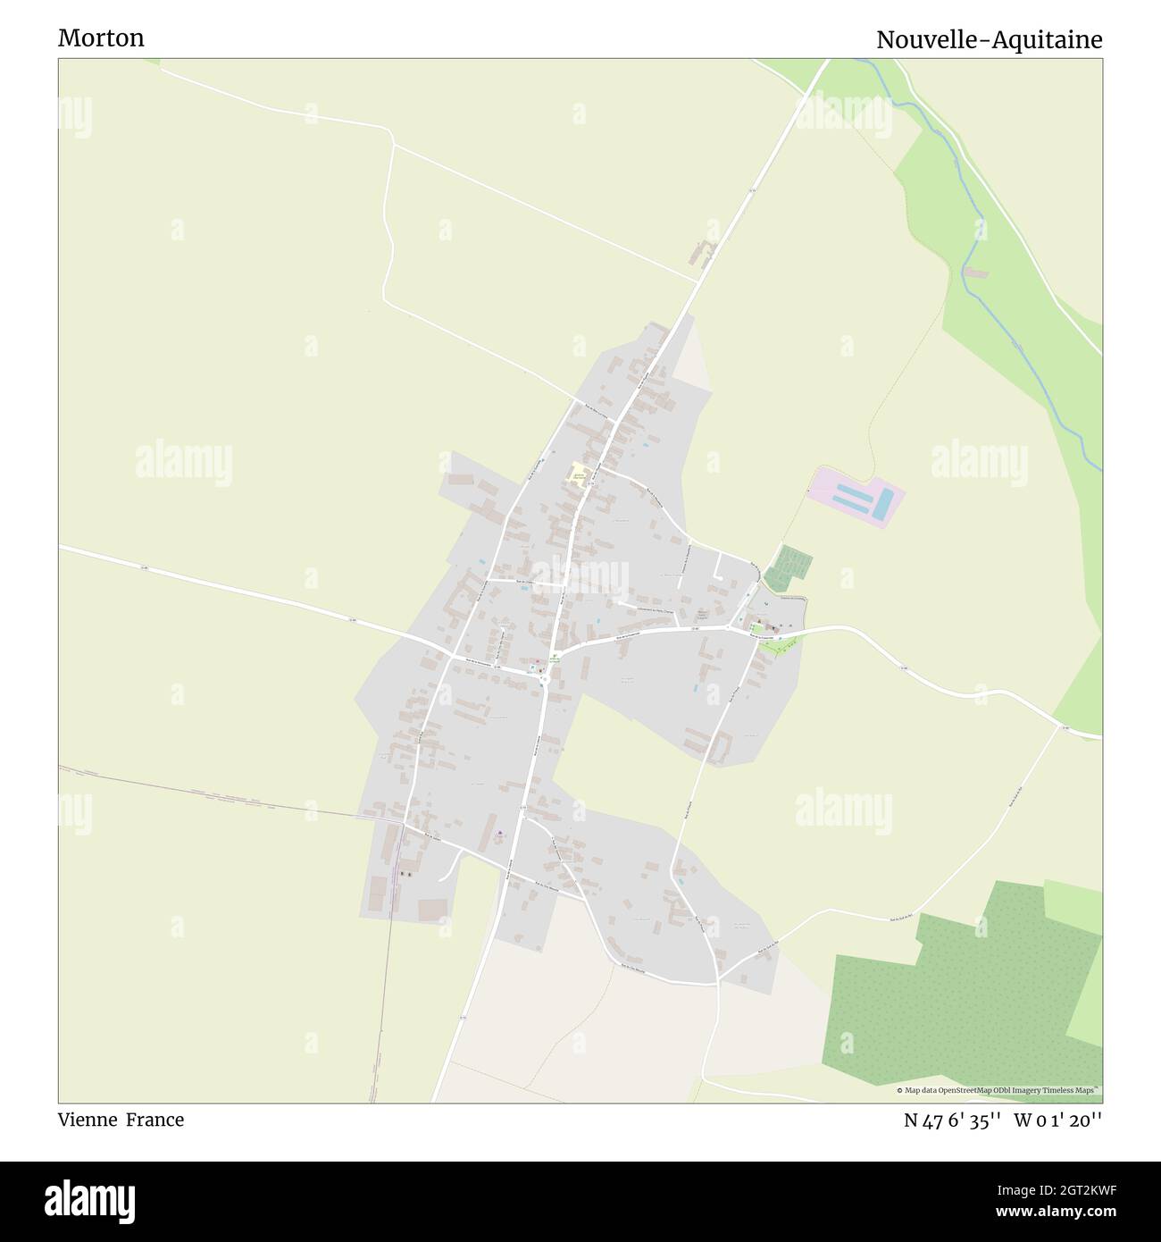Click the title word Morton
click(101, 38)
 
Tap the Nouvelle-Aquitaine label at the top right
click(989, 39)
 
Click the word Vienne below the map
click(86, 1120)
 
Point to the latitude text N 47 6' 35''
click(951, 1120)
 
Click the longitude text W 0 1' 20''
click(1059, 1120)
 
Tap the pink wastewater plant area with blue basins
click(856, 496)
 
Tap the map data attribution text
click(998, 1090)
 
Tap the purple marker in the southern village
click(498, 835)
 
